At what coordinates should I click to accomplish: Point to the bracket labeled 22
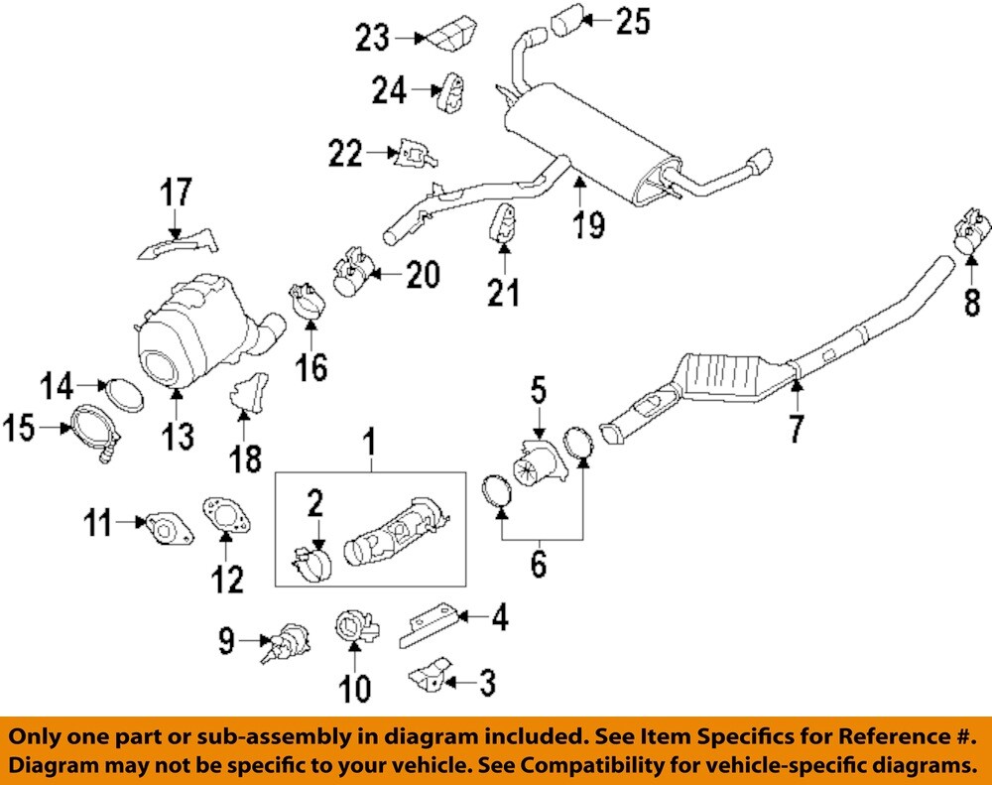[414, 154]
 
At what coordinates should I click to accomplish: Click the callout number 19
[587, 224]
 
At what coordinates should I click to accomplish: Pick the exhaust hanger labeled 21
[503, 224]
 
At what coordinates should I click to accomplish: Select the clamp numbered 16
[308, 302]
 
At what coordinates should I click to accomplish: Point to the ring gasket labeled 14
[124, 392]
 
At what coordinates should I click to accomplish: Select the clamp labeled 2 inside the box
[310, 567]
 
